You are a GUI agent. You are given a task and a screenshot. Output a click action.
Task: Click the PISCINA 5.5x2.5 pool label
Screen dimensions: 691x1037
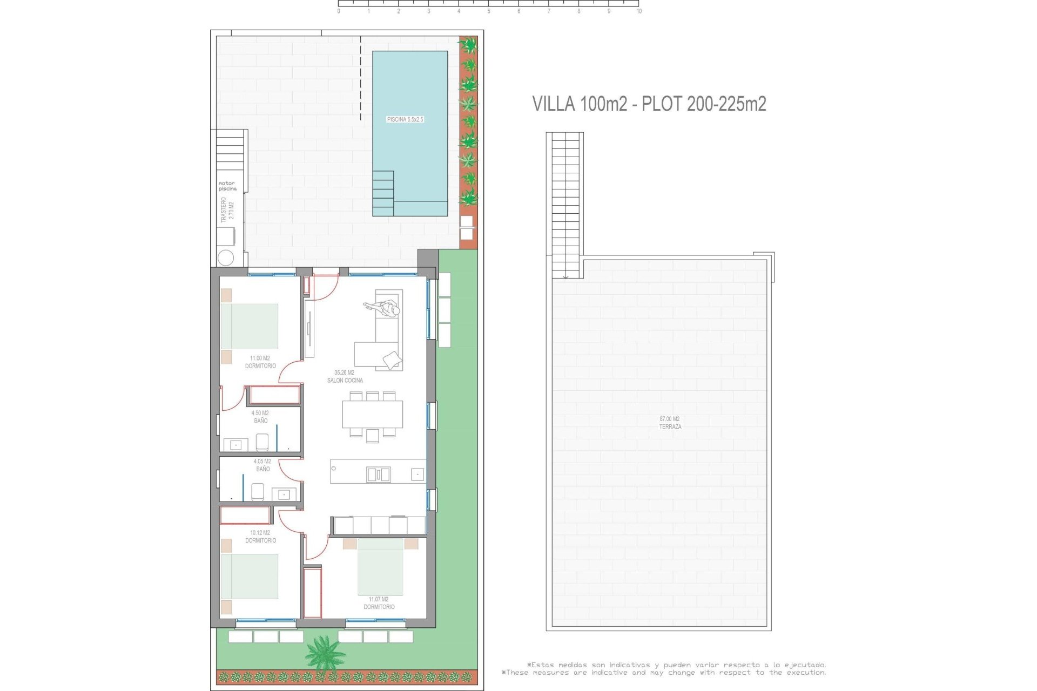(x=405, y=119)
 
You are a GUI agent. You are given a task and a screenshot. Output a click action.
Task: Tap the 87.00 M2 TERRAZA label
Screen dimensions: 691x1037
(x=670, y=423)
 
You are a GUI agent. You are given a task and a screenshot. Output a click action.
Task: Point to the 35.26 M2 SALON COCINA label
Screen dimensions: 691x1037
(x=345, y=376)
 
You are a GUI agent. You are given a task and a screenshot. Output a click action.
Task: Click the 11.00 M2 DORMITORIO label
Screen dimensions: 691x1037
(x=260, y=362)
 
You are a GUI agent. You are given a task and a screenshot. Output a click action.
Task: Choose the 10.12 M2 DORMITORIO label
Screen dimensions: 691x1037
(x=260, y=536)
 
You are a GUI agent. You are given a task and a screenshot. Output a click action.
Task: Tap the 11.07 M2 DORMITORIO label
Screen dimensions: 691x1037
(x=379, y=603)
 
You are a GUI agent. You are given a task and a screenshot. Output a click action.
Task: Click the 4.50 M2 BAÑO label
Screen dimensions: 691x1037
(x=260, y=417)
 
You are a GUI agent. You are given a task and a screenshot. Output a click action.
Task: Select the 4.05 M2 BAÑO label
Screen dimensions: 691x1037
(x=262, y=465)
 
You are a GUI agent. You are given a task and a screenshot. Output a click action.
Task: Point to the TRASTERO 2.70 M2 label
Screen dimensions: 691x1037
(x=227, y=209)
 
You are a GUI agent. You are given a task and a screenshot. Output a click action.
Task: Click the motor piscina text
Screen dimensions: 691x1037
(x=227, y=186)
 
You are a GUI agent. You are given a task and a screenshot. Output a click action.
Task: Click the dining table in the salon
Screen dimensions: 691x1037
(x=372, y=414)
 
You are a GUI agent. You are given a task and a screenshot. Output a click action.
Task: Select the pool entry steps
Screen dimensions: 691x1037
(x=383, y=193)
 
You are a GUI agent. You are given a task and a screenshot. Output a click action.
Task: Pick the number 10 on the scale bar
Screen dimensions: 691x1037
(x=639, y=11)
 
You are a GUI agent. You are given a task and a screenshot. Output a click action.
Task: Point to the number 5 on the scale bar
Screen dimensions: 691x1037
(x=489, y=11)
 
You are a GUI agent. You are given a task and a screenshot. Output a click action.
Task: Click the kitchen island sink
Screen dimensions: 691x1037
(x=378, y=475)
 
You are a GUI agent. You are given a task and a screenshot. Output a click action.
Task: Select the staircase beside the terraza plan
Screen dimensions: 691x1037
(x=565, y=205)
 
